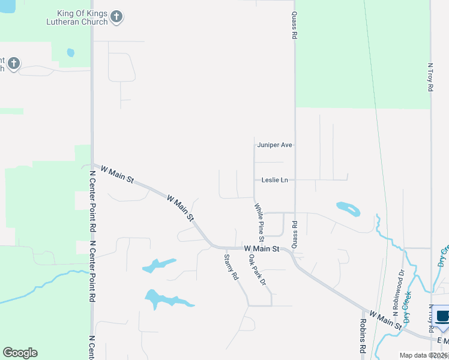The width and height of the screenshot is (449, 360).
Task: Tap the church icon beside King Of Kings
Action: coord(117,17)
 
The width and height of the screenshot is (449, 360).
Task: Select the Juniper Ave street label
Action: coord(274,145)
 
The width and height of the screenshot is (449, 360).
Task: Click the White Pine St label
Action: coord(259,219)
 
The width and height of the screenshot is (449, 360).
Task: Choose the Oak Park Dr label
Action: coord(257,269)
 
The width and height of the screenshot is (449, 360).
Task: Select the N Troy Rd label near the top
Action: coord(430,77)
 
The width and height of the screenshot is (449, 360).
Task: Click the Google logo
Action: coord(20,353)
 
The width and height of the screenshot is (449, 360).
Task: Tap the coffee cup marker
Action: coord(443,317)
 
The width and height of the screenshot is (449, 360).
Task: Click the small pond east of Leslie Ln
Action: coord(349,209)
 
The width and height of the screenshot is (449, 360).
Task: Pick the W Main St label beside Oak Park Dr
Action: coord(262,248)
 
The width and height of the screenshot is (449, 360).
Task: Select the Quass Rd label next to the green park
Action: coord(294,25)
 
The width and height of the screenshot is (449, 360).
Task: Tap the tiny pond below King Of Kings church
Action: coord(70,53)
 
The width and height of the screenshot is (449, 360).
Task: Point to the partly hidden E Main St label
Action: coord(443,341)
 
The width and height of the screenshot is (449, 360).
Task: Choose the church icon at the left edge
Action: coord(13,63)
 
